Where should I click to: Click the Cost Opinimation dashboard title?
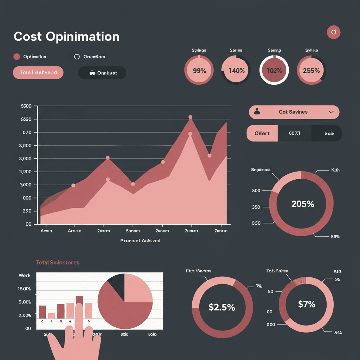66,37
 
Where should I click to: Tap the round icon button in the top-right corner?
334,32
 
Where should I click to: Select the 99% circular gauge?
199,70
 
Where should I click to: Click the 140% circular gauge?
236,70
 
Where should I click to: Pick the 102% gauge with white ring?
274,70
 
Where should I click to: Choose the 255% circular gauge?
311,70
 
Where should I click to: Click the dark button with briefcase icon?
102,73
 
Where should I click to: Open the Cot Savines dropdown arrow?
331,112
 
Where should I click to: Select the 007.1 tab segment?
295,134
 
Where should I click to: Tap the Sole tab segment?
329,134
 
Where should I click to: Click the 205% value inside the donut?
303,204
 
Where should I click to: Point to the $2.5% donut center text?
221,307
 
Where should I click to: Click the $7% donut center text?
307,304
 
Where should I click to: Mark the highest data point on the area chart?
190,117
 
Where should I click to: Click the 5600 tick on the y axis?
27,106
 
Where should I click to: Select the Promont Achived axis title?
140,241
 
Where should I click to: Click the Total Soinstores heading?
58,263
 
